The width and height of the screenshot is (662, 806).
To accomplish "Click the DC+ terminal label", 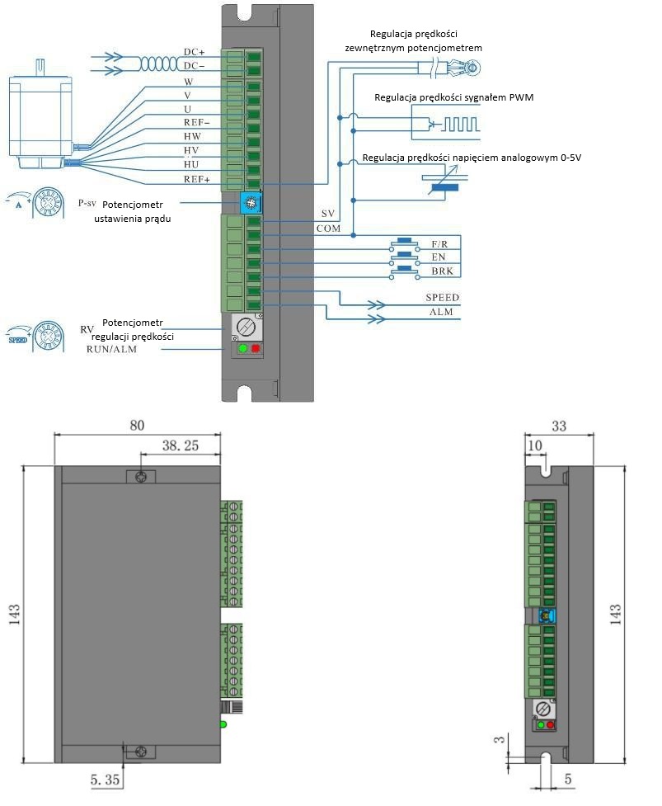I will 194,52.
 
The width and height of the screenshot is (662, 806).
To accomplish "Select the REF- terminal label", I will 197,122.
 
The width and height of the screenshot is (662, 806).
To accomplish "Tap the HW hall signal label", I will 192,136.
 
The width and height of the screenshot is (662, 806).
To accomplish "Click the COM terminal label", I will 328,228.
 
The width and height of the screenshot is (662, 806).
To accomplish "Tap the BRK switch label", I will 442,271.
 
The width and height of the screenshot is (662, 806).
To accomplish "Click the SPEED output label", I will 442,297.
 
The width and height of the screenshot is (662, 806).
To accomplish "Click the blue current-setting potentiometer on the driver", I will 246,201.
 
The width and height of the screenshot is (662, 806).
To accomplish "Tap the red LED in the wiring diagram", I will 256,349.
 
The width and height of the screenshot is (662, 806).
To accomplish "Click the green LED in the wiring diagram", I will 242,349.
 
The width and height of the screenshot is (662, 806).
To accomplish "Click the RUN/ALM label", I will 112,349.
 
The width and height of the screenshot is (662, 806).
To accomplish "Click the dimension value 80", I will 137,425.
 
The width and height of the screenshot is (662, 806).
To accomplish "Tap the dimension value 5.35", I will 107,779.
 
